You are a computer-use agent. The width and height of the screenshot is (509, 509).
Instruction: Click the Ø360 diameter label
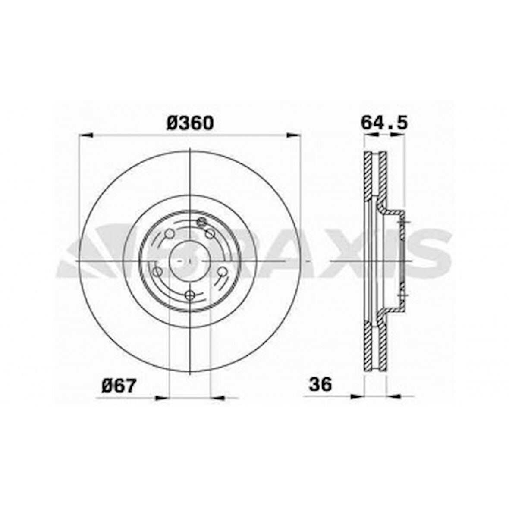[x=190, y=123]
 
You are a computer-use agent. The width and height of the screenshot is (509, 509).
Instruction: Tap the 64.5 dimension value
[x=384, y=123]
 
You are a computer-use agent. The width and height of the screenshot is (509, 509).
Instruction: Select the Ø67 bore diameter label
[x=119, y=386]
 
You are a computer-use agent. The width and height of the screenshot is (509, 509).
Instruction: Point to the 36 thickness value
[x=320, y=384]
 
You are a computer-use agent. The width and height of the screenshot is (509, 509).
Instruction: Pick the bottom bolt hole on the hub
[x=190, y=295]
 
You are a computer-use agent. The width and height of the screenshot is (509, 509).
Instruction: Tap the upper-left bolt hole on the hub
[x=170, y=234]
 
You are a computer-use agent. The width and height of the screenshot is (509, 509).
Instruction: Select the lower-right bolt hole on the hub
[x=222, y=271]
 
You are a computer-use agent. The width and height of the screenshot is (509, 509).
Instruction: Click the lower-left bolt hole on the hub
[x=157, y=272]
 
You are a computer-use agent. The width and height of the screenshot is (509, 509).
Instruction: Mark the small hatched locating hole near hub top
[x=201, y=222]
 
